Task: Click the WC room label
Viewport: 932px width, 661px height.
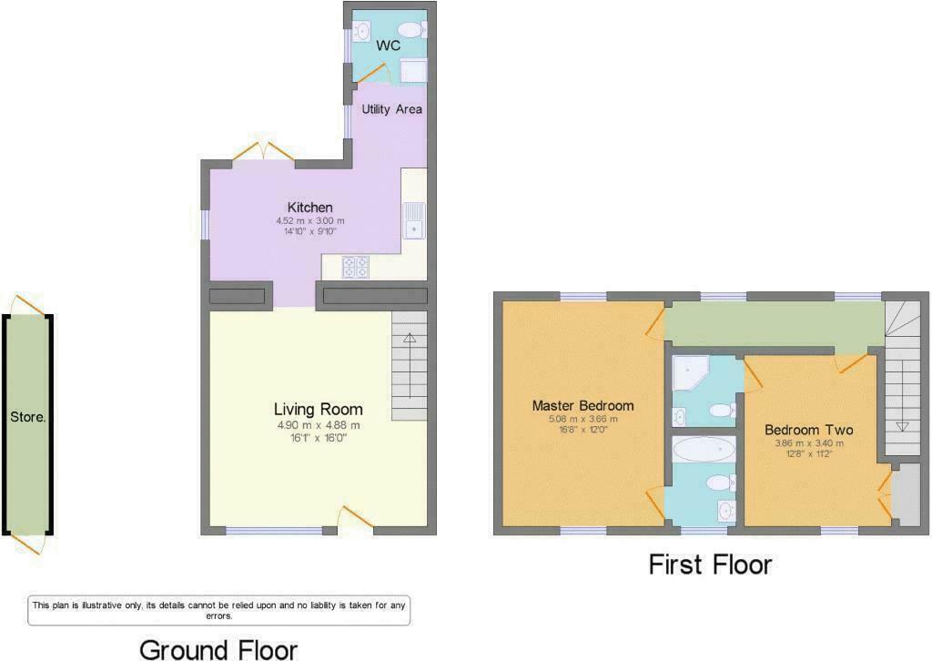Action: pyautogui.click(x=388, y=46)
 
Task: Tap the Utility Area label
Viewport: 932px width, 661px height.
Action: pyautogui.click(x=391, y=109)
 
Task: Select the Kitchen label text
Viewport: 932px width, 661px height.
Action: pyautogui.click(x=309, y=208)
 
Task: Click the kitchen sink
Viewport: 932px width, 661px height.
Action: pyautogui.click(x=414, y=220)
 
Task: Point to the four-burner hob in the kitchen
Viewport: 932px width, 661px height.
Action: pyautogui.click(x=356, y=266)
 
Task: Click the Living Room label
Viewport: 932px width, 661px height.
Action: pyautogui.click(x=318, y=409)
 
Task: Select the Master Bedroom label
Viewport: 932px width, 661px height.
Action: pyautogui.click(x=582, y=406)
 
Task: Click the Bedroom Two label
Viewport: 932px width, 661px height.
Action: pyautogui.click(x=808, y=430)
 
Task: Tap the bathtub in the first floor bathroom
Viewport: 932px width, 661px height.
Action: pyautogui.click(x=704, y=450)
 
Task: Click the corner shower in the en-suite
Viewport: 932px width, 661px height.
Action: pyautogui.click(x=690, y=372)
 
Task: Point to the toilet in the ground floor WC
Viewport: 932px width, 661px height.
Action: pyautogui.click(x=411, y=29)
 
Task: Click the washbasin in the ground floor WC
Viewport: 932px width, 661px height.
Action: pyautogui.click(x=362, y=30)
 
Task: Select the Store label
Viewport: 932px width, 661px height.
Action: pyautogui.click(x=28, y=417)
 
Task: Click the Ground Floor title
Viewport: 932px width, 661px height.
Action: pyautogui.click(x=218, y=650)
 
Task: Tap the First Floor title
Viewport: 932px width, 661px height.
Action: pyautogui.click(x=710, y=564)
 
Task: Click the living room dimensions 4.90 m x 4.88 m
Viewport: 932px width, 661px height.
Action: pyautogui.click(x=318, y=425)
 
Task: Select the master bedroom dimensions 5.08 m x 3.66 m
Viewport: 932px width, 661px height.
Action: pyautogui.click(x=582, y=419)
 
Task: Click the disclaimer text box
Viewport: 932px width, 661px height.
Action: pyautogui.click(x=218, y=611)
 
